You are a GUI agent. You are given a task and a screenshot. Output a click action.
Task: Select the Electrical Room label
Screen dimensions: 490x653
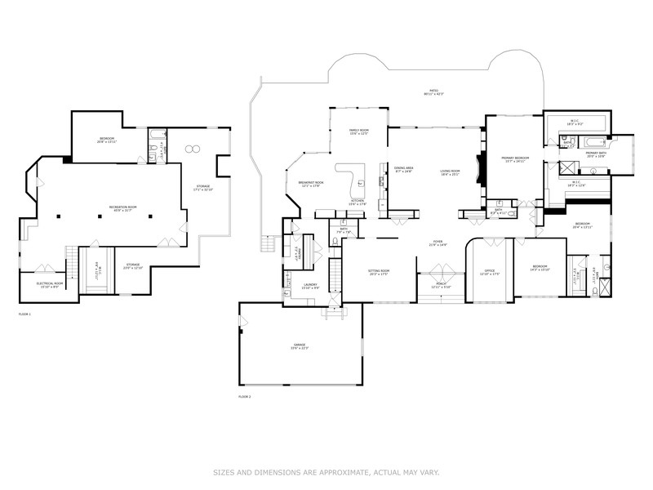pos(49,283)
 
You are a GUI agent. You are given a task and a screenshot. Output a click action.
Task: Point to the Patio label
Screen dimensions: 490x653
pos(433,91)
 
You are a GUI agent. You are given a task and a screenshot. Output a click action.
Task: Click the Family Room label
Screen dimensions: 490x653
pos(358,131)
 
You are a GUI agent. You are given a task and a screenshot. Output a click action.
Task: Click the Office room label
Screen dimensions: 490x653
pos(489,271)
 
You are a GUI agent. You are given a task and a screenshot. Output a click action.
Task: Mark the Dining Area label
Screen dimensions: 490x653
pos(404,169)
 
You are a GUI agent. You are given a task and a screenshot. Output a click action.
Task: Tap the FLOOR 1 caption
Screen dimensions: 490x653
pos(24,314)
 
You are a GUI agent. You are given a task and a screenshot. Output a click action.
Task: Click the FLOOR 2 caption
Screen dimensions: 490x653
pos(244,396)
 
